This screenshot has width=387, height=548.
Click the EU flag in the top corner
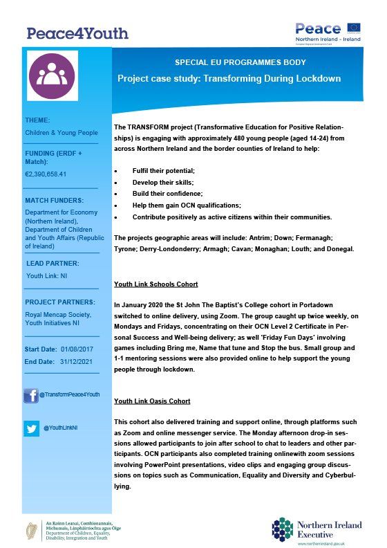coord(355,28)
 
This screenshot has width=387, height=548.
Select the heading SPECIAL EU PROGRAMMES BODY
coord(234,62)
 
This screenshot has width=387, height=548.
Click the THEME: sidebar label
coord(37,120)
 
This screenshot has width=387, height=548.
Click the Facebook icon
coord(31,396)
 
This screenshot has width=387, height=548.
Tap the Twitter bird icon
coord(31,428)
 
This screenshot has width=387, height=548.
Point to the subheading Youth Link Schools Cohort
coord(156,284)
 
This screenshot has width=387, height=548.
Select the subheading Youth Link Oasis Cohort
coord(152,401)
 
